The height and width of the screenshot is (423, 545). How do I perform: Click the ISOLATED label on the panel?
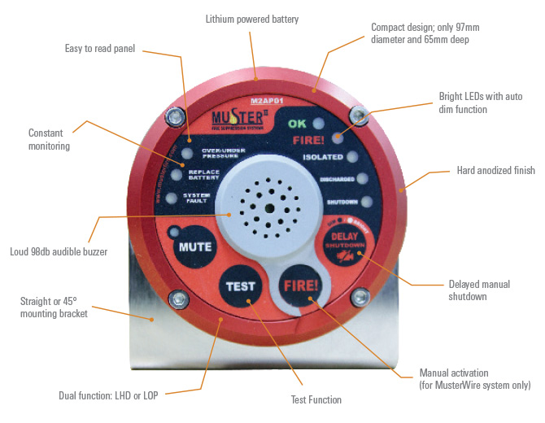(x=322, y=157)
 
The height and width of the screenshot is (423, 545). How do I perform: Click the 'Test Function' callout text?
(x=316, y=399)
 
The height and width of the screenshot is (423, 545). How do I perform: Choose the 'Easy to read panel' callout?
(x=99, y=48)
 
